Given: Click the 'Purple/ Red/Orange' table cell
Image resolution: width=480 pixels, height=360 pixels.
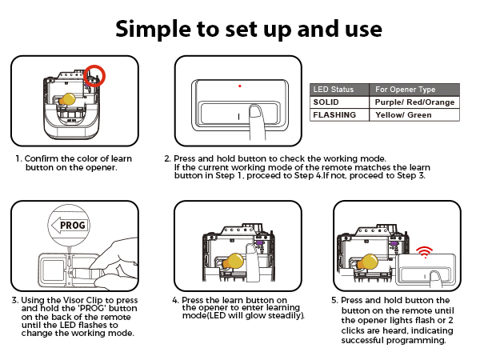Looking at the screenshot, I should tap(414, 102).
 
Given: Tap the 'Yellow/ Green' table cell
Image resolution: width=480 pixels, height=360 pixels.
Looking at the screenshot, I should tap(403, 115).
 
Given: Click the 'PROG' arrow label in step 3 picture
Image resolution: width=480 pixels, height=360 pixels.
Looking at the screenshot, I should tap(68, 226).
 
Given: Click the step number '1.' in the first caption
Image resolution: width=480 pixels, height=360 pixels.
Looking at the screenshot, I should tap(18, 158).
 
